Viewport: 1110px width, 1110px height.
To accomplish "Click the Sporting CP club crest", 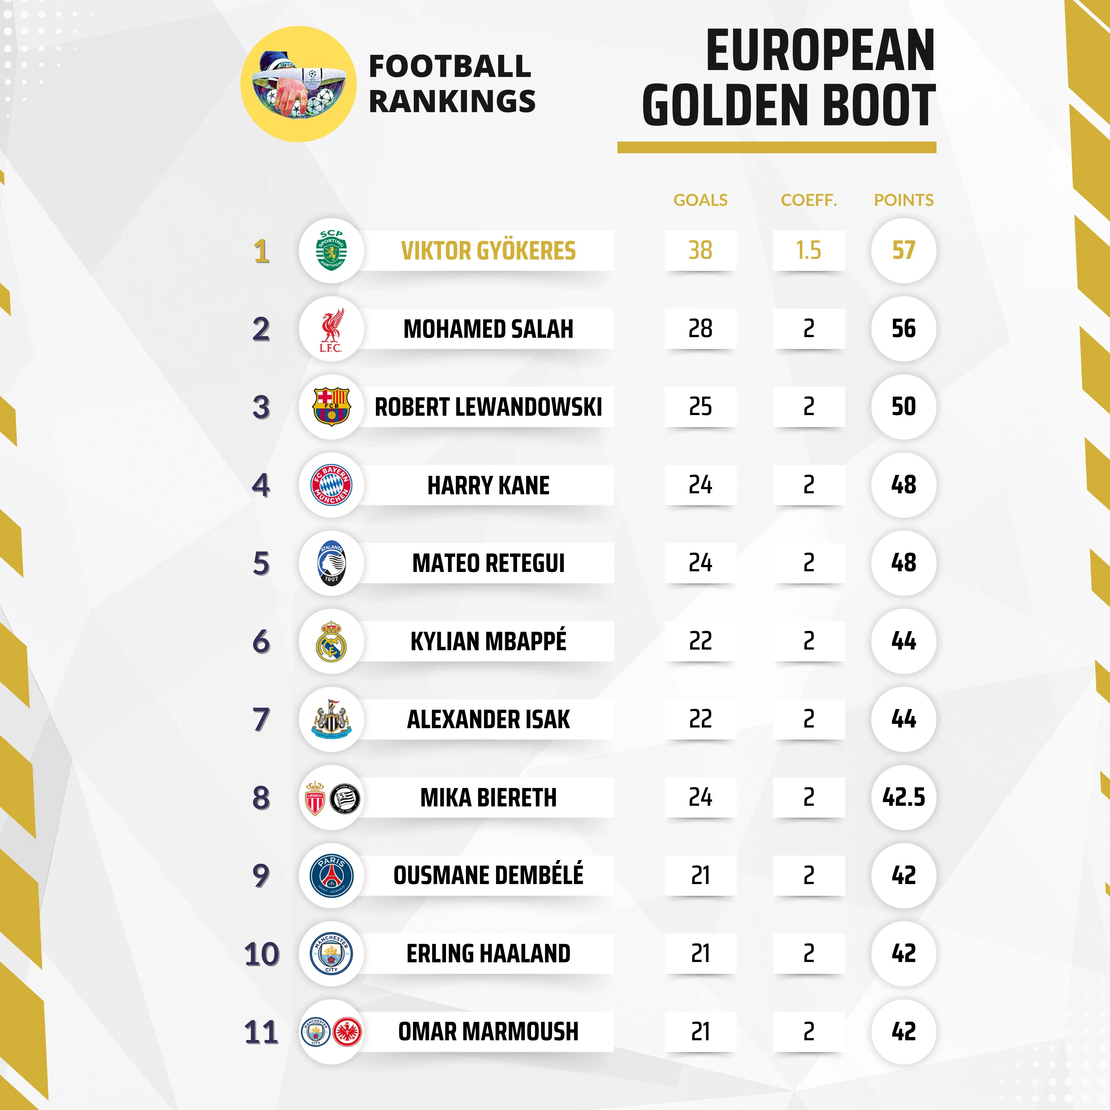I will (332, 251).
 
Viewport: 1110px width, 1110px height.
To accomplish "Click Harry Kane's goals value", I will (700, 485).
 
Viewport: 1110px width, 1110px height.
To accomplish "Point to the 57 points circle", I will (903, 251).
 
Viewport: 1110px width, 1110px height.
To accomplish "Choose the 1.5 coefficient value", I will (808, 251).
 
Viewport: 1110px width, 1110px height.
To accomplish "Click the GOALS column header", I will (700, 200).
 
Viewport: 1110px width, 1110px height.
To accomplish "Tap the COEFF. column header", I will (808, 200).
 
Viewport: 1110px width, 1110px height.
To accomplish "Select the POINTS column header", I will (903, 200).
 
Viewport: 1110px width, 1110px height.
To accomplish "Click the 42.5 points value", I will (903, 797).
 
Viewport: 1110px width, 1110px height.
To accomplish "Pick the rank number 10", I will (261, 954).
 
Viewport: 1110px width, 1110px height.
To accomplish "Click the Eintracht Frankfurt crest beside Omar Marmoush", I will (347, 1032).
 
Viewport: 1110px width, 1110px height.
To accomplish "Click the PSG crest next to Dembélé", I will (332, 876).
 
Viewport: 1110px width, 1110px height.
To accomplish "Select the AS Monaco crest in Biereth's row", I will (315, 798).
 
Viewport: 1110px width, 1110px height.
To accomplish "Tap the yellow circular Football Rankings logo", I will (298, 84).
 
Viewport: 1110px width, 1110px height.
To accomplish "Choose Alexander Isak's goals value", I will (700, 719).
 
